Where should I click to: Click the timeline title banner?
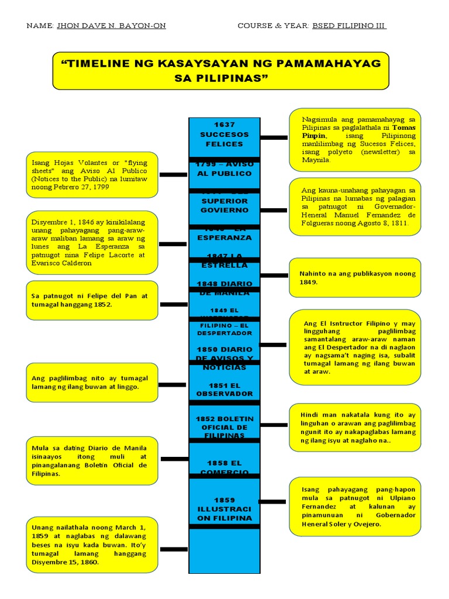point(220,70)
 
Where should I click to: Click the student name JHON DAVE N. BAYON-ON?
point(111,26)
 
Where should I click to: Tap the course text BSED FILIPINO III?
point(349,26)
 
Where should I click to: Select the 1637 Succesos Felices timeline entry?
point(224,135)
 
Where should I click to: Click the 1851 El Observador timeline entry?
point(224,390)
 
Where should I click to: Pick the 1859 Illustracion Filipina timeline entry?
point(224,509)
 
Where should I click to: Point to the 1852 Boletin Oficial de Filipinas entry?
point(224,427)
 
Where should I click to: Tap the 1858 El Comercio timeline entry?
point(224,467)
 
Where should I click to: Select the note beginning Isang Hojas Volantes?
point(92,175)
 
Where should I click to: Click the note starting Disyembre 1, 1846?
point(92,243)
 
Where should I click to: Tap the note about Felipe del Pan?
point(92,300)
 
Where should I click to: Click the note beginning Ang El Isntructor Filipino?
point(355,347)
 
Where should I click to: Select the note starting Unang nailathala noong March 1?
point(92,545)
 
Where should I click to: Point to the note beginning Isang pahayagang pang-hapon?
point(355,506)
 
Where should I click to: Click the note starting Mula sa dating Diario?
point(92,460)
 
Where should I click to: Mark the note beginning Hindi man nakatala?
point(355,427)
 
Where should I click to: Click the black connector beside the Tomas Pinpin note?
point(274,137)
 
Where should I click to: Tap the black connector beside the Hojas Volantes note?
point(173,174)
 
